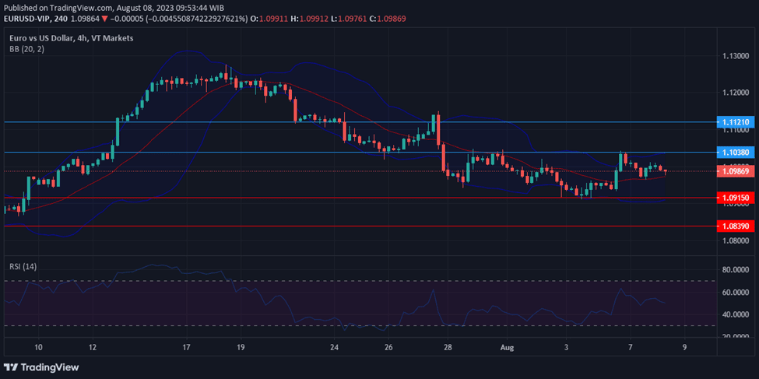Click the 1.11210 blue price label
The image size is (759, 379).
click(735, 122)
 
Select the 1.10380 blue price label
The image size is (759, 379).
click(735, 153)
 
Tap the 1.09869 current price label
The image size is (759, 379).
click(735, 170)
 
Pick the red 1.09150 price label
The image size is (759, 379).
click(735, 198)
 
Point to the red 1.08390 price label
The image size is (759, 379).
click(735, 226)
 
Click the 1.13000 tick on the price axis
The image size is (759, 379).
click(736, 56)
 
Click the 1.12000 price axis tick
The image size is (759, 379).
click(736, 93)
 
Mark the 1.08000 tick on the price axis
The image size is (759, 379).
click(736, 240)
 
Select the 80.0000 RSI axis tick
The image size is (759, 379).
click(736, 269)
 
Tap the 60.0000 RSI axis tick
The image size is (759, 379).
click(736, 292)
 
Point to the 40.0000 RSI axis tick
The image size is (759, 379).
click(736, 314)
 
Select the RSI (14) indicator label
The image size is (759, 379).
click(23, 266)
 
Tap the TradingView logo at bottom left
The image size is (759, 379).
click(44, 367)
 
